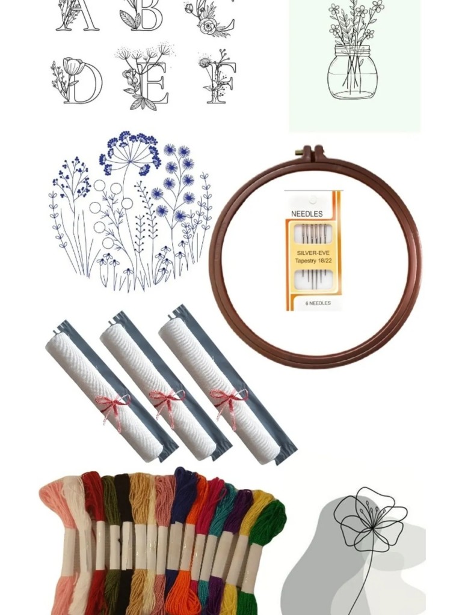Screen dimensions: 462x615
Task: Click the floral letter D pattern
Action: pos(77,81)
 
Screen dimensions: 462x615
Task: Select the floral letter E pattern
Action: pos(146,79)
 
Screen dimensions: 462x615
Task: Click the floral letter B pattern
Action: pos(141,15)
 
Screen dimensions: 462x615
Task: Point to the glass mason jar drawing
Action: pos(353,72)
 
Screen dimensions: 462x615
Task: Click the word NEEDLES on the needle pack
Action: pos(307,214)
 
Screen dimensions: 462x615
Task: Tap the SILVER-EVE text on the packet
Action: pos(313,253)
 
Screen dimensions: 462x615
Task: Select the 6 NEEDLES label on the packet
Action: pos(318,303)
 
